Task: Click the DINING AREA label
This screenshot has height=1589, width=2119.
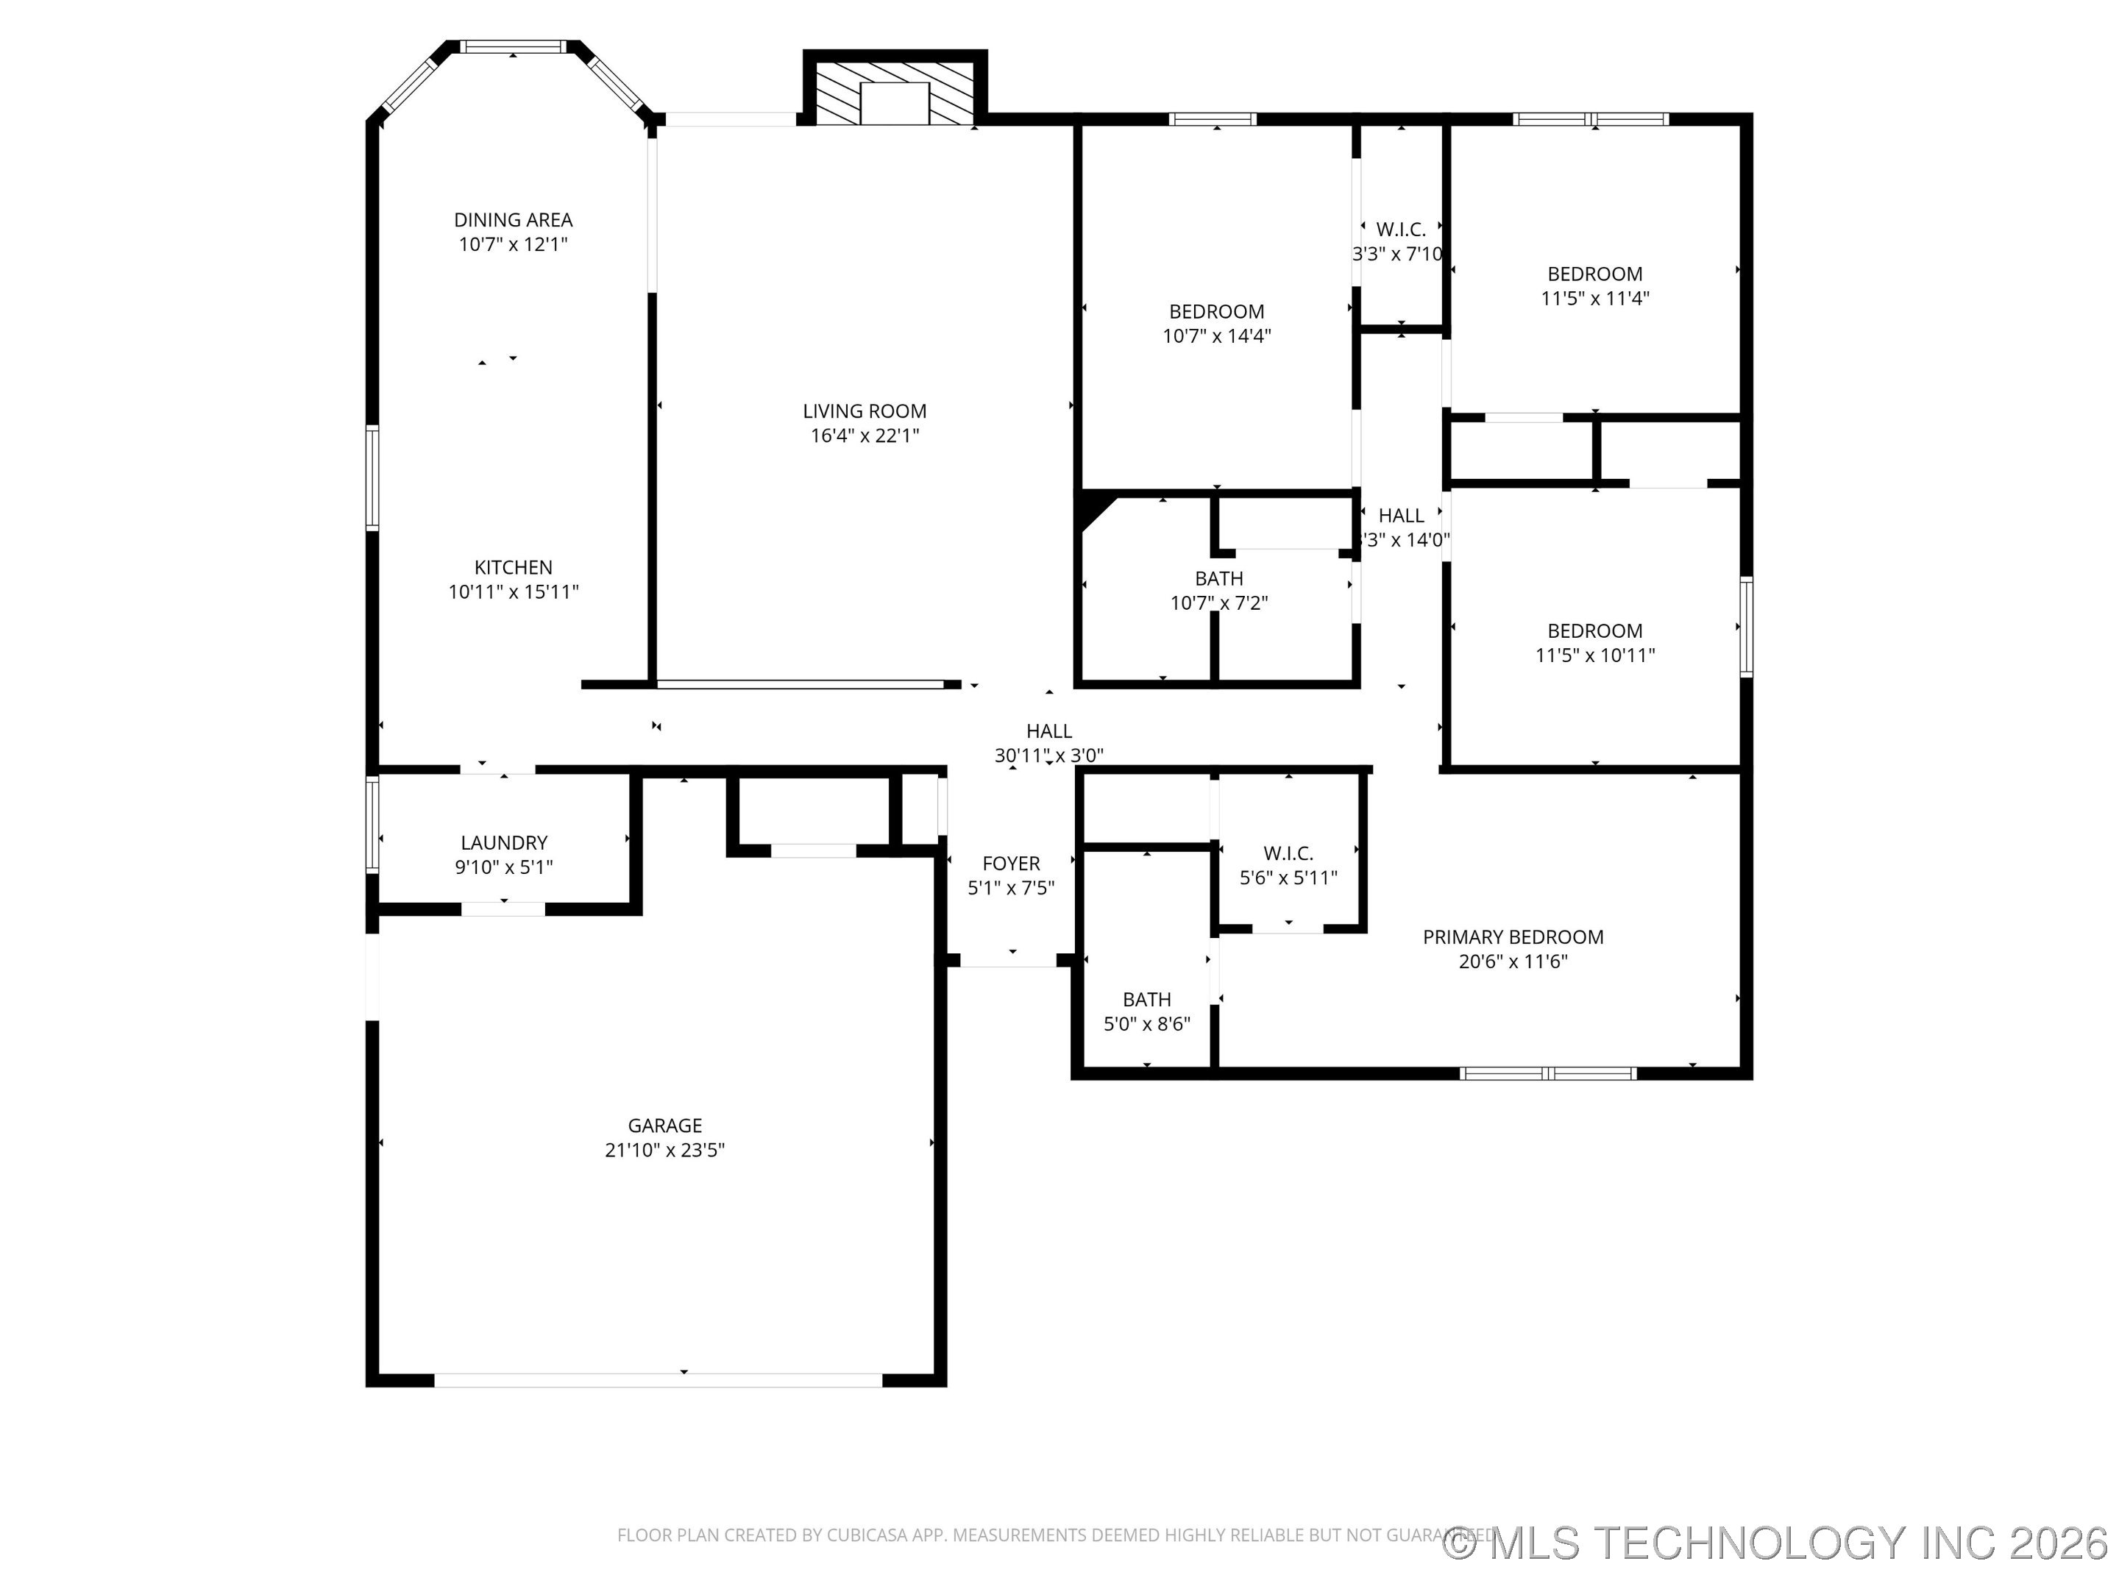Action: click(513, 219)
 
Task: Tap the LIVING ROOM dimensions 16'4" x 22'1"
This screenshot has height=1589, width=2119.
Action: click(864, 436)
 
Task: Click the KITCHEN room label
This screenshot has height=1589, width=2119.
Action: click(513, 567)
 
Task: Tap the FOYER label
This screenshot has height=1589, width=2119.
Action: click(1011, 863)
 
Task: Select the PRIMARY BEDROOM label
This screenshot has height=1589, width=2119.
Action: click(1513, 936)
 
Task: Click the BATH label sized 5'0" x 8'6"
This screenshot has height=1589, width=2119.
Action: click(1146, 999)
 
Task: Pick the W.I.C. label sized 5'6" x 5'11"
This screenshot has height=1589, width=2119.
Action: click(1288, 853)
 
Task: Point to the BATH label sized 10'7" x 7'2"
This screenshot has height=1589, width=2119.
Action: click(1218, 578)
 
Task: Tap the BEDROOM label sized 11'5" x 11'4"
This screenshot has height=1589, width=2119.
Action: click(1594, 274)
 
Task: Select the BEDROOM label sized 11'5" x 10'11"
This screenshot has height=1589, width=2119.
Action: click(1594, 630)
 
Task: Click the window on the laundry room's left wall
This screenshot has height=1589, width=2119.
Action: click(372, 825)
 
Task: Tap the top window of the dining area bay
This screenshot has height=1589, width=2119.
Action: click(514, 46)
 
